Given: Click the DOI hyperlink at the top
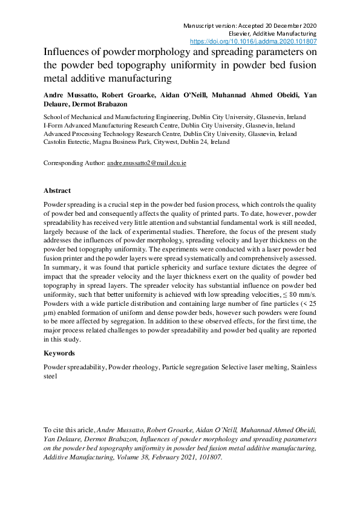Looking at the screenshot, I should [254, 42].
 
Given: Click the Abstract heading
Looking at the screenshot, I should [57, 190].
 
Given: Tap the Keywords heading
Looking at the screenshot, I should [59, 353].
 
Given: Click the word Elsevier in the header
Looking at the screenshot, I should [243, 34].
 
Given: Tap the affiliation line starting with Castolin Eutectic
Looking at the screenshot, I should [136, 142].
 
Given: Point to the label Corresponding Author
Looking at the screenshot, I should [74, 164].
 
